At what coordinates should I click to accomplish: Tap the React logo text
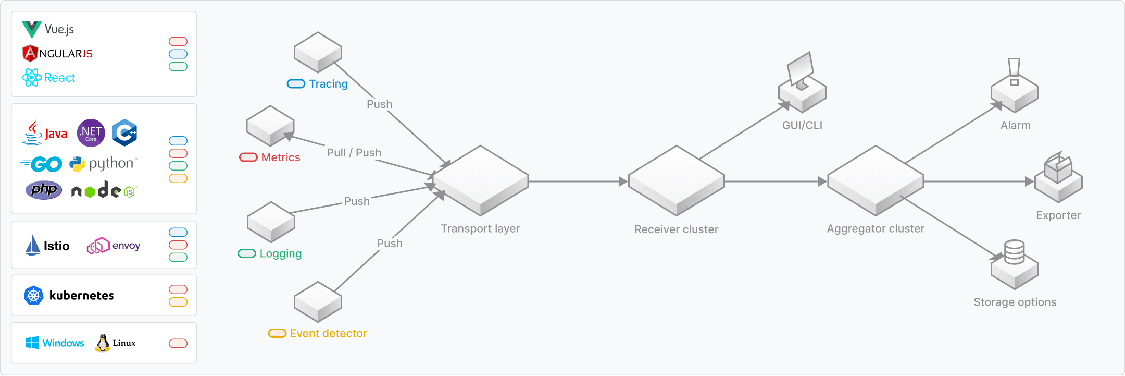click(x=59, y=78)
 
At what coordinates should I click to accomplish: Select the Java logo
click(x=45, y=132)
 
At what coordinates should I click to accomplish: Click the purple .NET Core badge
click(x=91, y=132)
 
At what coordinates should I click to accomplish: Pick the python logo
click(x=103, y=164)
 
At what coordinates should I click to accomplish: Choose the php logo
click(x=44, y=190)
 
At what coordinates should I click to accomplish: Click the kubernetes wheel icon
click(x=33, y=296)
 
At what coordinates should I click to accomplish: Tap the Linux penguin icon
click(x=103, y=343)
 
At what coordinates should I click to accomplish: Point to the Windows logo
click(x=32, y=343)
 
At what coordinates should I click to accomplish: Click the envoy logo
click(x=114, y=246)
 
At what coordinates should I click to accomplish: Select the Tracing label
click(x=328, y=84)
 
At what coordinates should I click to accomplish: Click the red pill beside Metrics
click(x=248, y=157)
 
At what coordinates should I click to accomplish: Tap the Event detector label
click(x=328, y=334)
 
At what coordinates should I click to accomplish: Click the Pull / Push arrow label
click(x=354, y=153)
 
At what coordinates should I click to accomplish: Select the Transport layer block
click(x=480, y=180)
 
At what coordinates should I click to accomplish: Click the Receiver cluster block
click(x=676, y=180)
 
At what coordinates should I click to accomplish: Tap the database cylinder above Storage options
click(x=1014, y=252)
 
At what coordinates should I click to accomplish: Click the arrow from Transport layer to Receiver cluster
click(x=578, y=181)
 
